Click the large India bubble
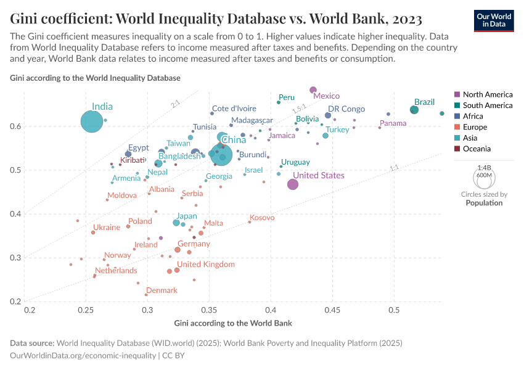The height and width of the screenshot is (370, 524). click(x=91, y=121)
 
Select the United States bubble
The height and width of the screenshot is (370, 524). click(x=293, y=184)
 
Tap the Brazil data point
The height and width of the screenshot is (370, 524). click(x=414, y=110)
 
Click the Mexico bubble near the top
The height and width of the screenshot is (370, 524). click(x=313, y=90)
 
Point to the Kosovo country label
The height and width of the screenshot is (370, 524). click(x=262, y=218)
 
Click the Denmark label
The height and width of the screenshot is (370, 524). click(x=162, y=290)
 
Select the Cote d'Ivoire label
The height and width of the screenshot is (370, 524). click(x=234, y=109)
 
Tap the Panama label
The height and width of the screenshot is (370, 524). click(x=393, y=123)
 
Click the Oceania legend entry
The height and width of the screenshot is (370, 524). click(x=477, y=149)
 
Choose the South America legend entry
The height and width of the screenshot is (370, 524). click(x=487, y=105)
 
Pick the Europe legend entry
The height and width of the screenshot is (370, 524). click(x=475, y=127)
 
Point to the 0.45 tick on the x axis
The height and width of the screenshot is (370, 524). click(x=333, y=311)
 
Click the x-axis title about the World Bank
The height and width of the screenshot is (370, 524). click(x=233, y=323)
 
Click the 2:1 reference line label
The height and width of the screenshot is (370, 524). click(x=175, y=104)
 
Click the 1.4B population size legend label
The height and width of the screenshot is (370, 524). click(x=484, y=167)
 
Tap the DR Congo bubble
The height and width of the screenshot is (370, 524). click(x=328, y=115)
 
